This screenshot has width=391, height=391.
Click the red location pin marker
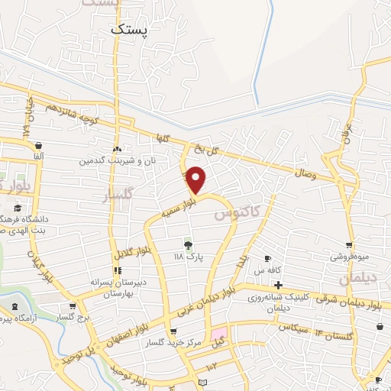click(x=197, y=179)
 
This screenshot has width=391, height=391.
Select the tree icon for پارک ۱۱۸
click(x=188, y=244)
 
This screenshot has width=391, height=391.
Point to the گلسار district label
click(x=118, y=196)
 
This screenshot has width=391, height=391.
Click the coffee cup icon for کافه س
click(x=267, y=258)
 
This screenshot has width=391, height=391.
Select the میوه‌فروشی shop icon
click(x=349, y=245)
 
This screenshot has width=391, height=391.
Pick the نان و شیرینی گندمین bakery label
click(x=115, y=161)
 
